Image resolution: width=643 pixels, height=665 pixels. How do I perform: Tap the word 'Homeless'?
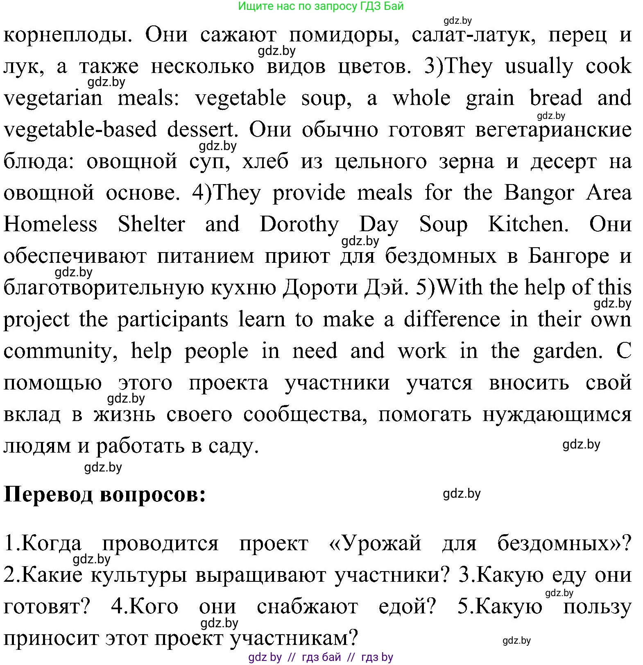50,225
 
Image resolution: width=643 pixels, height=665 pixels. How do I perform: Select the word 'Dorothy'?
299,225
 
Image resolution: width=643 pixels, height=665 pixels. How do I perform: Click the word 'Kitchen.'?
528,225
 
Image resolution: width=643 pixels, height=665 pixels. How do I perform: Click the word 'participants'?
172,319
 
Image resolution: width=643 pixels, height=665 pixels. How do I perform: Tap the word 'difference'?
452,319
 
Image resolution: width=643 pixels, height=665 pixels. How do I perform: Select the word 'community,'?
61,351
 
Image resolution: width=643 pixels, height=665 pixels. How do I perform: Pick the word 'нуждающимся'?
557,415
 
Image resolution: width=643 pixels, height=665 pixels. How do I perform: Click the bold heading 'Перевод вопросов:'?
104,495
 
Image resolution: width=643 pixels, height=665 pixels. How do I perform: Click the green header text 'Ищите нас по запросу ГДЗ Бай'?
321,6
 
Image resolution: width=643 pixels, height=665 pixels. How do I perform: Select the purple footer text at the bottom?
321,657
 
